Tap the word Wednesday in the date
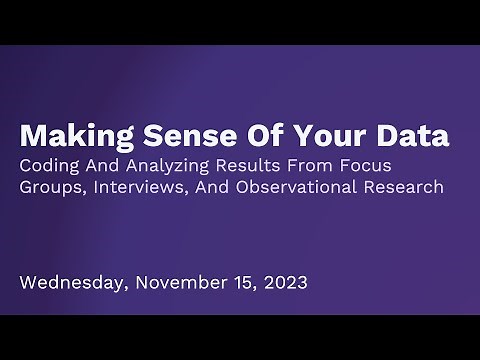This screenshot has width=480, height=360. pos(71,283)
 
